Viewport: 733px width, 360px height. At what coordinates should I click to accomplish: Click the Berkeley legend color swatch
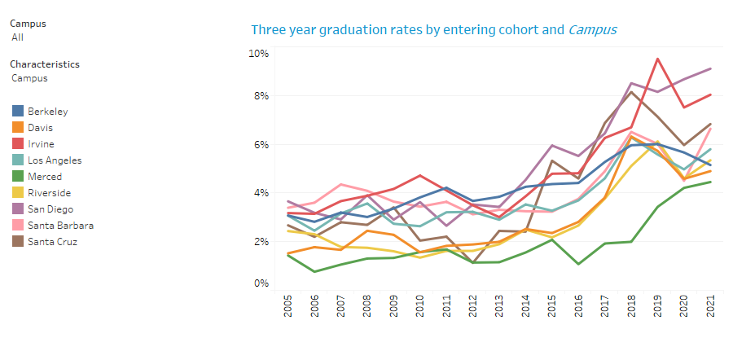point(17,111)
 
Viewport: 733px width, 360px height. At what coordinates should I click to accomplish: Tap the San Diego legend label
point(50,209)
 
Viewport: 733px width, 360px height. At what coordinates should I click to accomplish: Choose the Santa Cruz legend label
point(53,242)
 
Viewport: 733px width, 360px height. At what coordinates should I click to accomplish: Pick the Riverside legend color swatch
point(17,193)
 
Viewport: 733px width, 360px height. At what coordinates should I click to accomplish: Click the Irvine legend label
point(40,143)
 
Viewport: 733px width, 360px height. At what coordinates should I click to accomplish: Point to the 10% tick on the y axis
point(259,54)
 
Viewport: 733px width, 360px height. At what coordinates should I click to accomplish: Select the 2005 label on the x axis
point(287,310)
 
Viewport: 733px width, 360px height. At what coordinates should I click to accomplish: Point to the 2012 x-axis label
point(472,310)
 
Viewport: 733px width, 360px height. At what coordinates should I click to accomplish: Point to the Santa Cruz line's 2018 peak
point(632,92)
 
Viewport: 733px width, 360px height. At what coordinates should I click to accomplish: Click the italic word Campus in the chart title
point(592,30)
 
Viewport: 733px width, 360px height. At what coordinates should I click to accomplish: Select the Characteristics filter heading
point(45,64)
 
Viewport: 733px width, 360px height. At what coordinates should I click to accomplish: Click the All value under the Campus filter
point(17,37)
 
